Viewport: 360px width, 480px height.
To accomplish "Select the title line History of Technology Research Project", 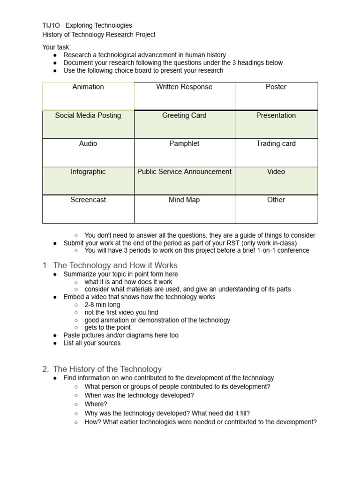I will click(x=98, y=35).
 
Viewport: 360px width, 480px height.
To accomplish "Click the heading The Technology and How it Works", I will click(x=115, y=265).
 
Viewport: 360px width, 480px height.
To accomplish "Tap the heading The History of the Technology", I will click(x=107, y=369).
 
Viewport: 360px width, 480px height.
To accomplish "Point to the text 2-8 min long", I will click(x=102, y=305).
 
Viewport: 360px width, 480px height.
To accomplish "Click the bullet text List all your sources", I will click(x=92, y=343).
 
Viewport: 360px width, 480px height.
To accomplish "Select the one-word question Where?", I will click(x=96, y=404).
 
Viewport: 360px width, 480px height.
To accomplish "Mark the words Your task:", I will click(x=56, y=47).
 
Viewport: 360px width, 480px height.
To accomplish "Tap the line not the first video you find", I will click(x=121, y=312).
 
